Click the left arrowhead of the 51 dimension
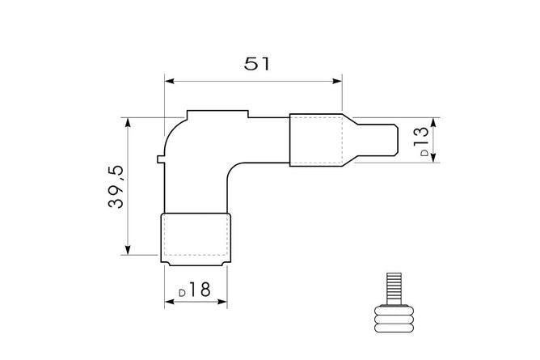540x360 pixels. coord(169,81)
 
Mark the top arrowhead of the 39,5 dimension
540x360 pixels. coord(128,122)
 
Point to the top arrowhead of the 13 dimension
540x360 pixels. coord(434,122)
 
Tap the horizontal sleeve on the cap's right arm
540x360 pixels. coord(317,140)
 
